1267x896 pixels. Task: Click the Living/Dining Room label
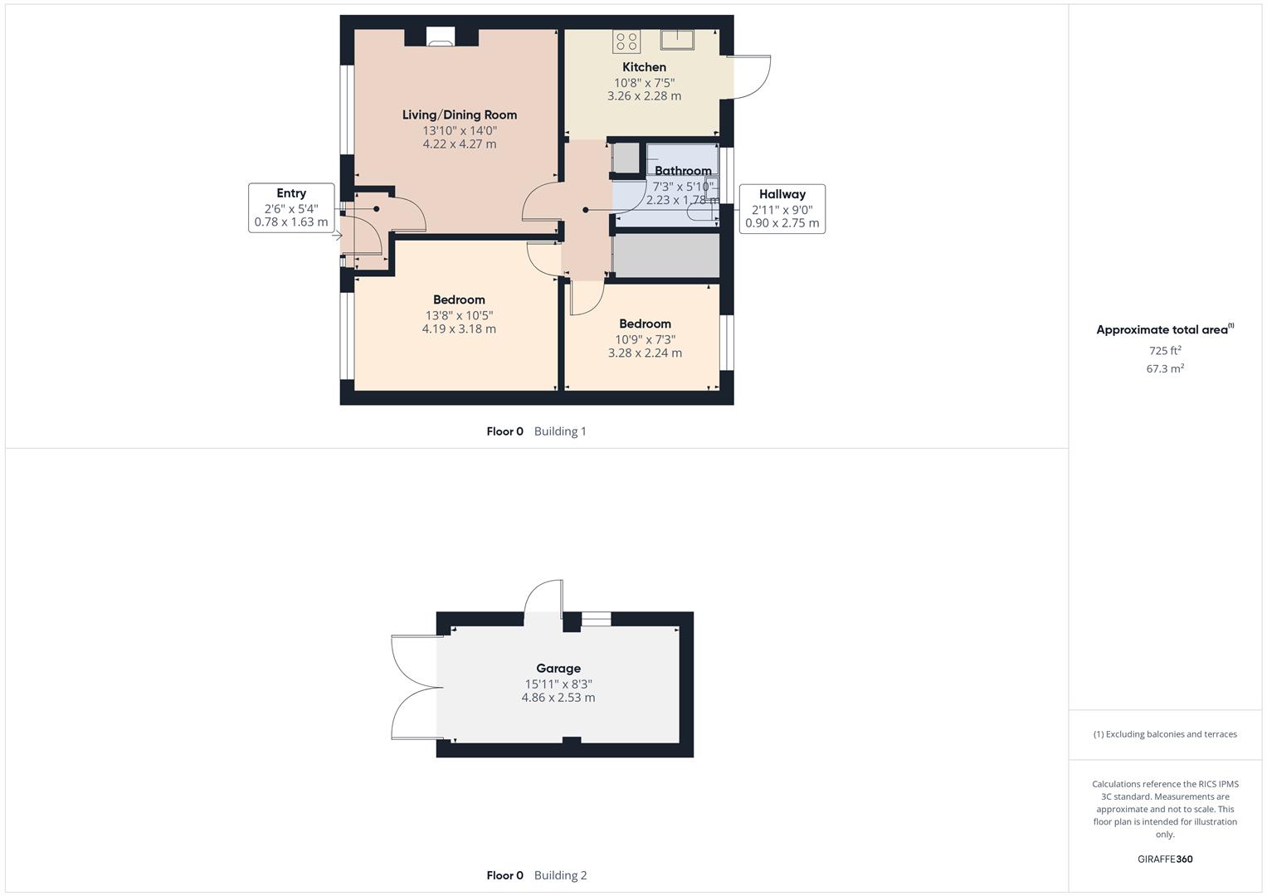click(459, 114)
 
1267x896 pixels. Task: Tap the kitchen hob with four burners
click(626, 41)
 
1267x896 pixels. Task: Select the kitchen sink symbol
click(677, 38)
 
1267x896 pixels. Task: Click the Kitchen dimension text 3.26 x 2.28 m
click(644, 96)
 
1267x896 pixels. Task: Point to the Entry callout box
click(291, 207)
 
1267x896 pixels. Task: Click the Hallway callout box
click(782, 208)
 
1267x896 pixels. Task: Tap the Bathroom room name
click(683, 171)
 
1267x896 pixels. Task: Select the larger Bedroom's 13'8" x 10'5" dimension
click(459, 315)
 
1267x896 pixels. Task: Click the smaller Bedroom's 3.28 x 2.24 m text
click(645, 353)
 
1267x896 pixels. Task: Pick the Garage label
click(558, 668)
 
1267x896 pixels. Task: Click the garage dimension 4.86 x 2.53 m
click(558, 698)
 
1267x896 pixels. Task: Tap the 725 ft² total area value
click(1165, 351)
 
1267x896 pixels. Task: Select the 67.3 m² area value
click(1165, 368)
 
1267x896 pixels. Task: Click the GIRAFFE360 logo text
click(1165, 859)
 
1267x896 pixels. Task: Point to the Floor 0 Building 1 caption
click(536, 431)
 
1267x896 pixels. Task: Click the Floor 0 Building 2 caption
click(536, 875)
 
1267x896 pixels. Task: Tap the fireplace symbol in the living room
click(440, 37)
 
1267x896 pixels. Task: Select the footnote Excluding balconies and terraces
click(1165, 734)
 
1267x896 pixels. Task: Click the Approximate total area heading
click(1163, 329)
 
